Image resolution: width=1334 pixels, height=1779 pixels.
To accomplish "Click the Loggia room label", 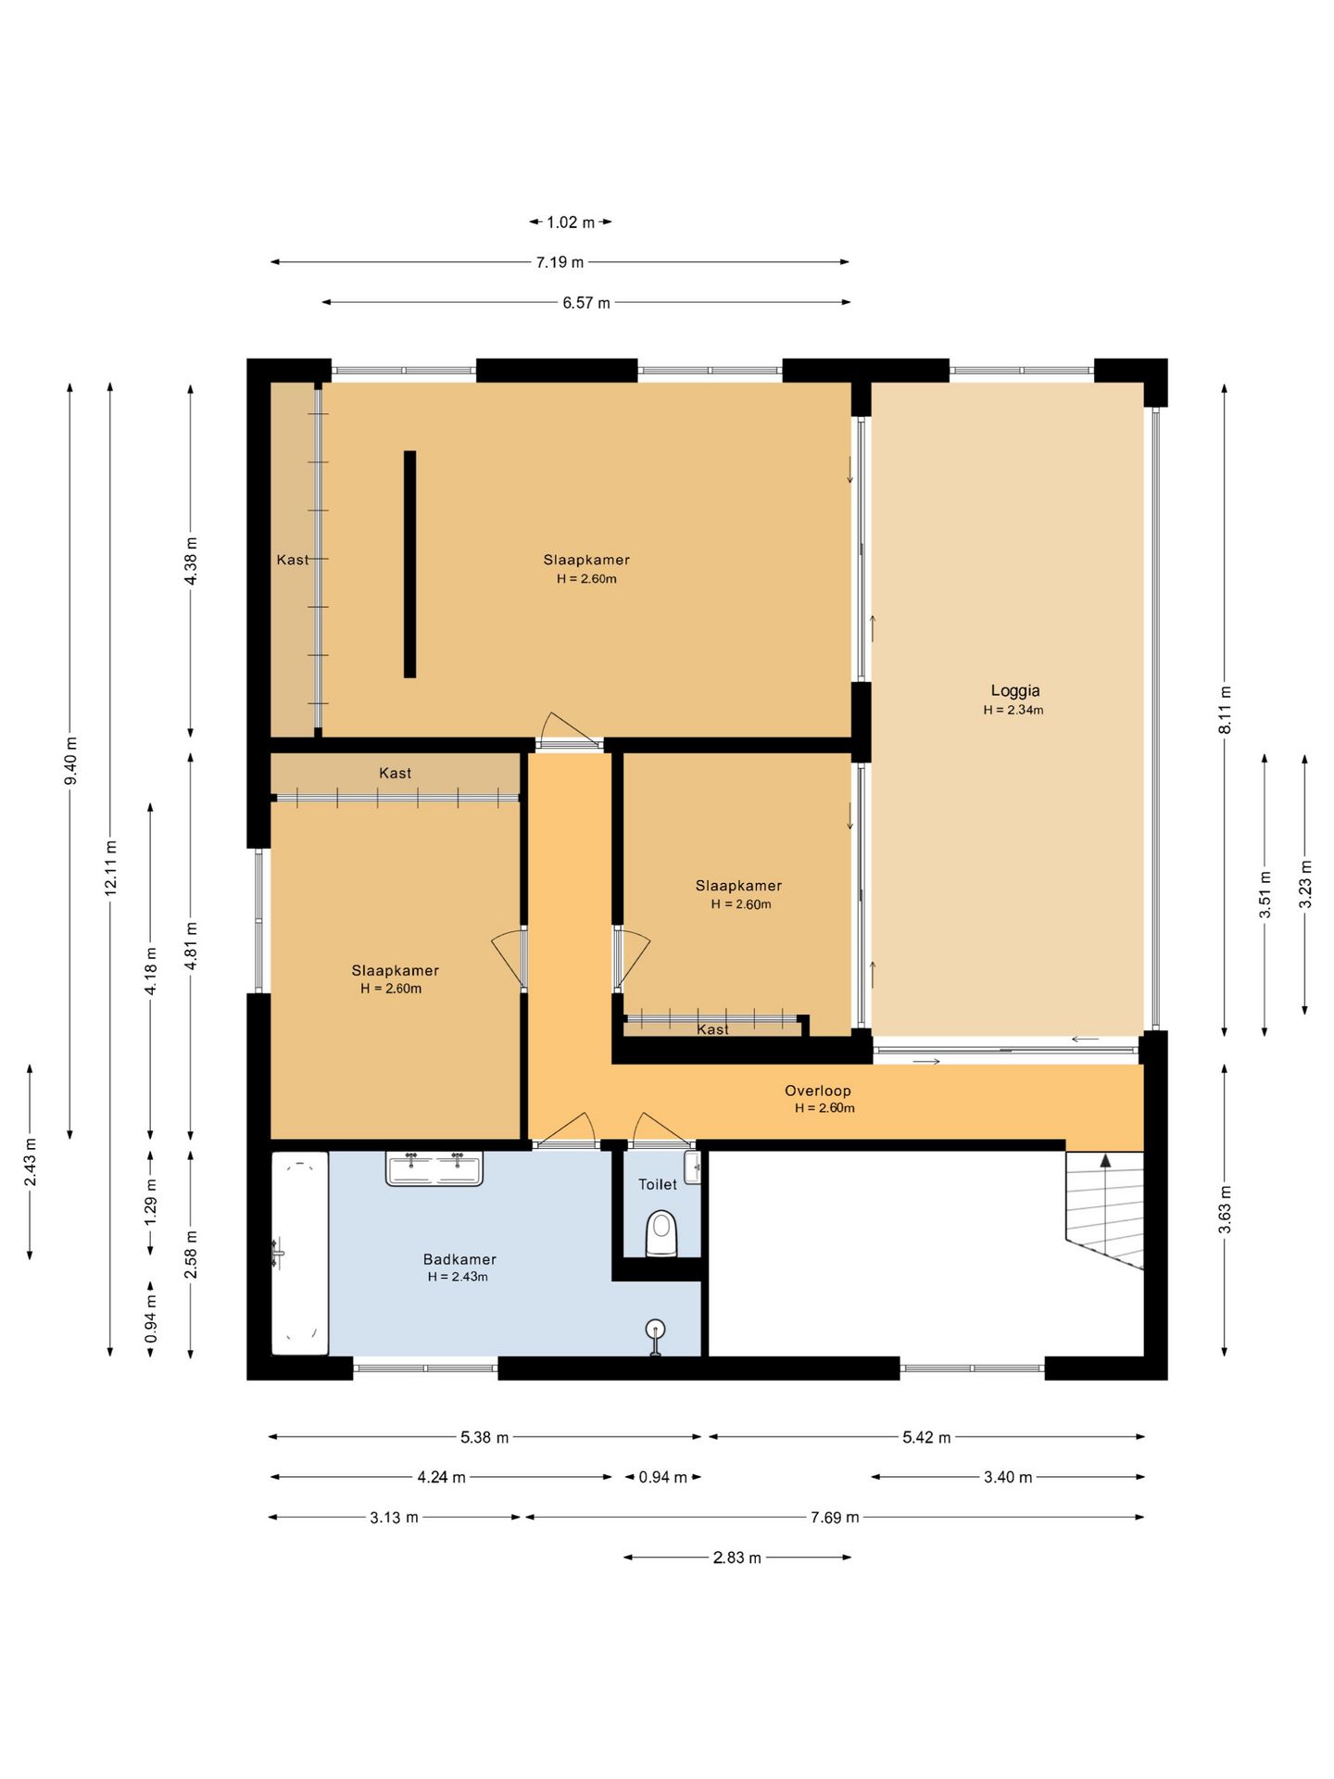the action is (1014, 690).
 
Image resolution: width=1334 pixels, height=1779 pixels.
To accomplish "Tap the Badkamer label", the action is (459, 1259).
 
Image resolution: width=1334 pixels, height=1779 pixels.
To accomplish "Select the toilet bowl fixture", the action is (661, 1232).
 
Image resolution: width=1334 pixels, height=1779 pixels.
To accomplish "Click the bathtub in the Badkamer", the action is (300, 1253).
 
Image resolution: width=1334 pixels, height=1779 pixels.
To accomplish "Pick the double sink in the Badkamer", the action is (434, 1167).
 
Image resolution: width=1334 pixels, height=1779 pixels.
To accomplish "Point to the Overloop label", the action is (817, 1091).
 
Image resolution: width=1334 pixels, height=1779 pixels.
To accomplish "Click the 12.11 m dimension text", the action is (111, 867).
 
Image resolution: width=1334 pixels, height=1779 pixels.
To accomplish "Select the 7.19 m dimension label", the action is (560, 262).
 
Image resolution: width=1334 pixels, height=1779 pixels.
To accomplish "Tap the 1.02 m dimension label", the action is (571, 222).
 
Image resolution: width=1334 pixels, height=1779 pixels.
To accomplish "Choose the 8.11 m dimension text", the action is (1225, 710).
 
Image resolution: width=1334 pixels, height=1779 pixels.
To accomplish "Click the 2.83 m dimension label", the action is (736, 1558).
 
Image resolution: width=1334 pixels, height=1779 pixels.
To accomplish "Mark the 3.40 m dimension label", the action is (1008, 1477).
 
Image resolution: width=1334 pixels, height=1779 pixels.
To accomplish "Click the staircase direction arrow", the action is (1105, 1160).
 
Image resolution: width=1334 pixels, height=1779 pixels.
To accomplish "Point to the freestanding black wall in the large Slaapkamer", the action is (409, 564).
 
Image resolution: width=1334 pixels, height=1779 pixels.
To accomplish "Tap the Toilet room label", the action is (658, 1184).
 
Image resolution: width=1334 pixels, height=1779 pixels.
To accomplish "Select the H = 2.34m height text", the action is (1013, 710).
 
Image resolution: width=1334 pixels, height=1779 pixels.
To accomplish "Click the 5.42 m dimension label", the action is (926, 1437).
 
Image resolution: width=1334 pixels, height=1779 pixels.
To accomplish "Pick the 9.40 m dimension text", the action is (71, 760).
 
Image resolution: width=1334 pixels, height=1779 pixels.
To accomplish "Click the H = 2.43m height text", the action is (458, 1277).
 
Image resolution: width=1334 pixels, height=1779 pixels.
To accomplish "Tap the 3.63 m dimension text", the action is (1225, 1210).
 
